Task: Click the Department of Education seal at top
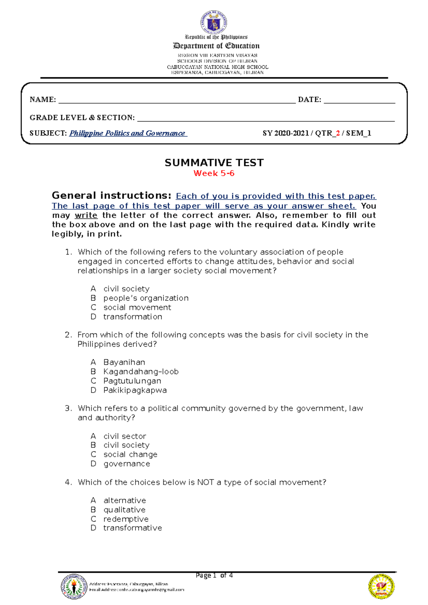tap(214, 22)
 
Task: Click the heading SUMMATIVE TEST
tap(214, 163)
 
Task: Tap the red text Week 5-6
tap(214, 174)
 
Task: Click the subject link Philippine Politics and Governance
tap(128, 133)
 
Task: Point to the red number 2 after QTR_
tap(338, 133)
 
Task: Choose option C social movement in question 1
tap(137, 307)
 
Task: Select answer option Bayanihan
tap(124, 362)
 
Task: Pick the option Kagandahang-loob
tap(141, 372)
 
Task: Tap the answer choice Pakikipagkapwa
tap(135, 390)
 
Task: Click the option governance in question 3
tap(127, 464)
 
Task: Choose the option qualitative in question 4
tap(124, 510)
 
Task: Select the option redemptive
tap(126, 519)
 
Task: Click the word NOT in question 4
tap(205, 482)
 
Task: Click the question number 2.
tap(68, 335)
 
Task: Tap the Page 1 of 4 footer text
tap(214, 575)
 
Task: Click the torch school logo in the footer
tap(74, 586)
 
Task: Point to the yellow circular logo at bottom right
tap(381, 586)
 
